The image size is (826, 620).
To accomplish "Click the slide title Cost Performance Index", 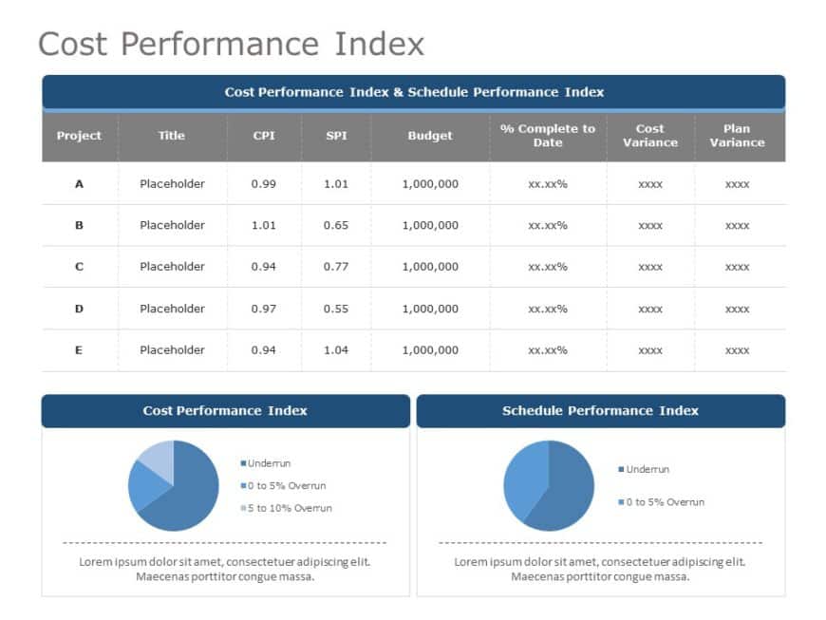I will coord(231,44).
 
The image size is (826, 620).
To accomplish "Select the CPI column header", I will coord(264,135).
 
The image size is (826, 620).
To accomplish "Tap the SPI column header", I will coord(336,135).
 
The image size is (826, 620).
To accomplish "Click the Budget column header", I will coord(430,135).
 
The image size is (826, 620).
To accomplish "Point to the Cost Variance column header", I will coord(650,135).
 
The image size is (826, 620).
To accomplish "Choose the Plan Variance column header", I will coord(737,135).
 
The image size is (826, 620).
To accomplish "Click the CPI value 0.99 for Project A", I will coord(264,184).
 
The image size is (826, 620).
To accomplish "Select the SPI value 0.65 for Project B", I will coord(336,225).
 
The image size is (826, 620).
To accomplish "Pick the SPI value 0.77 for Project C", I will coord(336,267).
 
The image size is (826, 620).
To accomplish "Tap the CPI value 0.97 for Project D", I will coord(264,309).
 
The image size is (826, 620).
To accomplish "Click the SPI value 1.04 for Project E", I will coord(336,350).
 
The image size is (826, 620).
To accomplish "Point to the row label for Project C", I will coord(79,267).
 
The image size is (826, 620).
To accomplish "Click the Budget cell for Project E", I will coord(430,350).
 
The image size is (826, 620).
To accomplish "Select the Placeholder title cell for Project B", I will coord(172,225).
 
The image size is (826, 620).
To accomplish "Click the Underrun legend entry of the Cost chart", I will coord(269,463).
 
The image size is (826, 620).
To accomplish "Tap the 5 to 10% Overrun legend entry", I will coord(290,508).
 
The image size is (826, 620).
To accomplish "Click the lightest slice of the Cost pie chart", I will coord(158,458).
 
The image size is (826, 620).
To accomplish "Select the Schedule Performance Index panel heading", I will coord(600,411).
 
